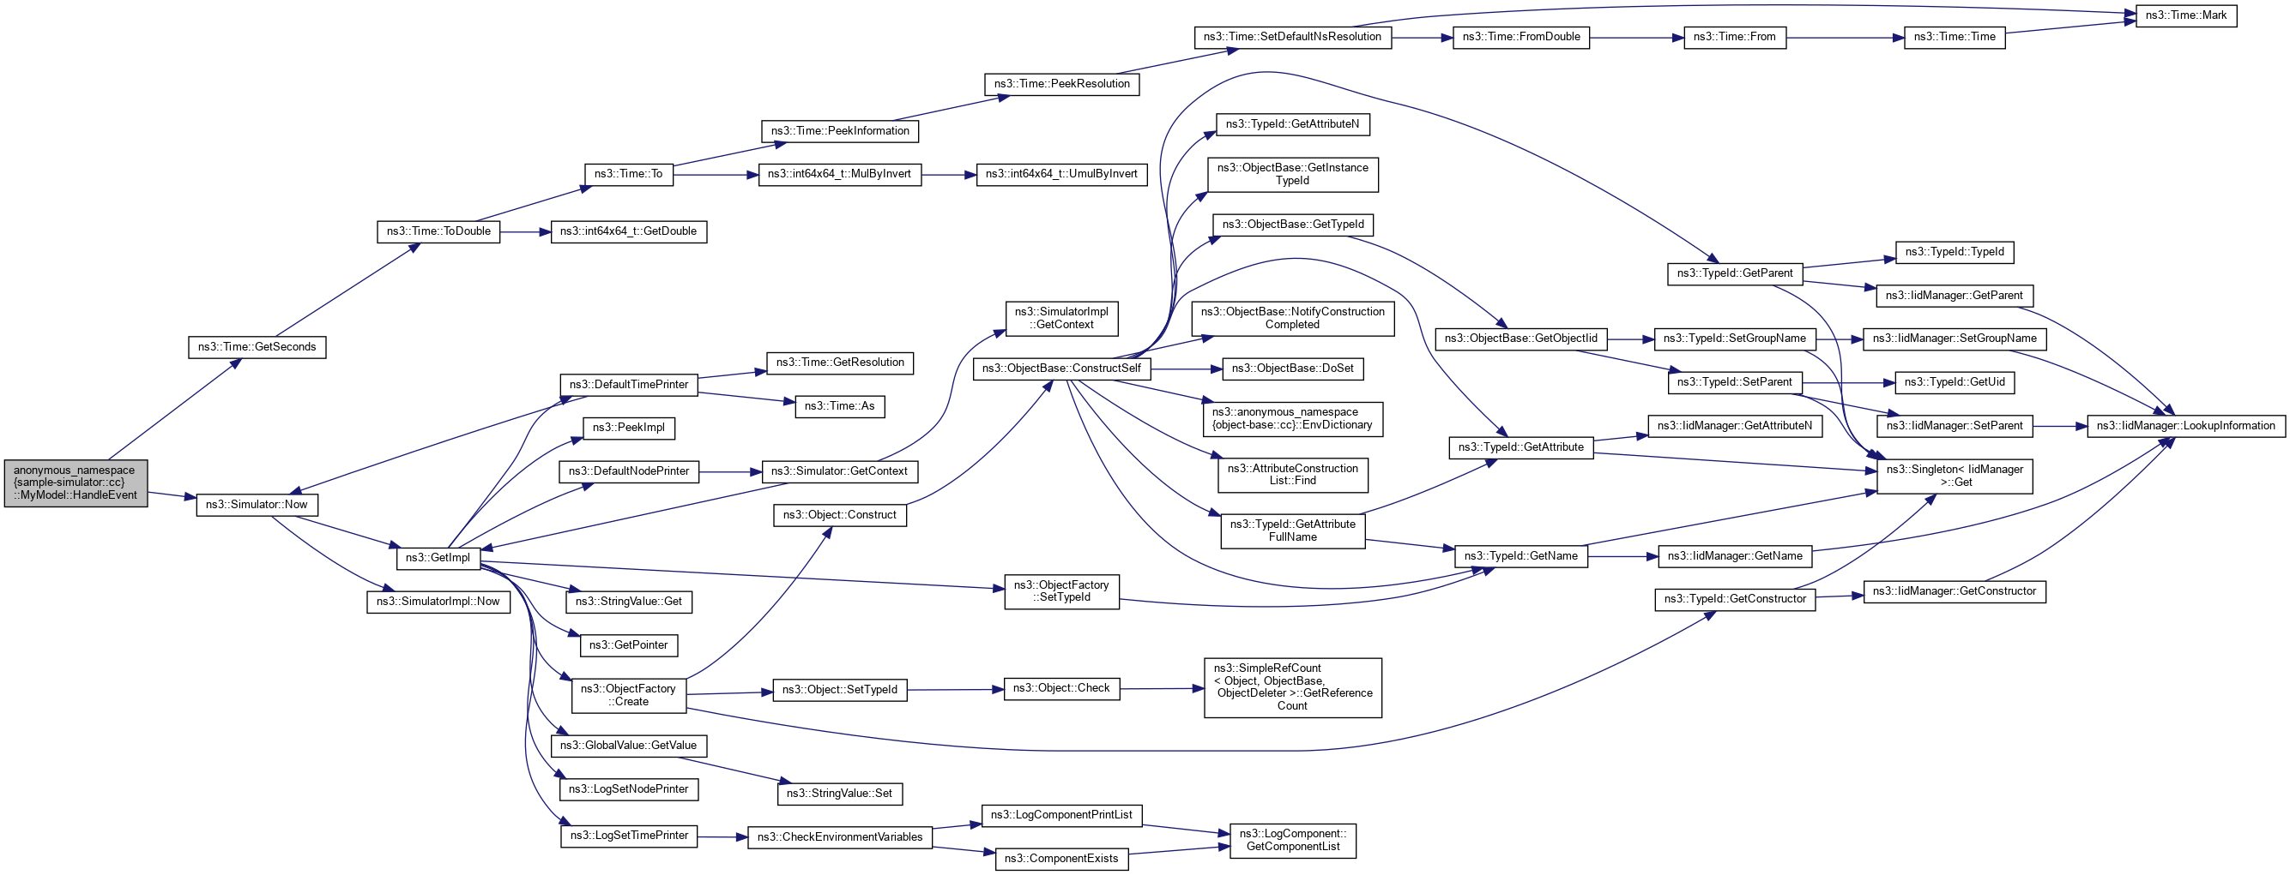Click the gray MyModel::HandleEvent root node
pyautogui.click(x=76, y=483)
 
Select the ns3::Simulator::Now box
pyautogui.click(x=257, y=505)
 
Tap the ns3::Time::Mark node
pyautogui.click(x=2186, y=16)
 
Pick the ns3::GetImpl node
pyautogui.click(x=438, y=558)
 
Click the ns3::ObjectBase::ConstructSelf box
pyautogui.click(x=1061, y=369)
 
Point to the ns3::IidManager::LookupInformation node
pyautogui.click(x=2185, y=427)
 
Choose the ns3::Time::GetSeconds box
pyautogui.click(x=257, y=347)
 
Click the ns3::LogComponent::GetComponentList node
pyautogui.click(x=1292, y=841)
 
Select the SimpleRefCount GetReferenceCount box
pyautogui.click(x=1292, y=687)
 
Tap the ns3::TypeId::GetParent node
pyautogui.click(x=1734, y=273)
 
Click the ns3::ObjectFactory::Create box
pyautogui.click(x=629, y=696)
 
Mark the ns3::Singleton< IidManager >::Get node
pyautogui.click(x=1954, y=476)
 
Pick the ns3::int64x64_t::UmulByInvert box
pyautogui.click(x=1061, y=174)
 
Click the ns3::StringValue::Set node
pyautogui.click(x=839, y=794)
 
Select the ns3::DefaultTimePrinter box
pyautogui.click(x=629, y=385)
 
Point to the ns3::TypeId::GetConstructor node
pyautogui.click(x=1734, y=600)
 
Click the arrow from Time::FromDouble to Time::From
pyautogui.click(x=1635, y=38)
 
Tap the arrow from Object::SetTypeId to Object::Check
pyautogui.click(x=955, y=689)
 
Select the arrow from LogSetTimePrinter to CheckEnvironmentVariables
pyautogui.click(x=722, y=836)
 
